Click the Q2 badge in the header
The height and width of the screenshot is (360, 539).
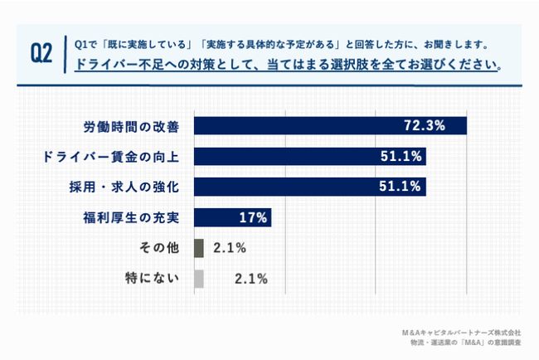pyautogui.click(x=42, y=52)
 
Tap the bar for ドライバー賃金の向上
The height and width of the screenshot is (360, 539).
pyautogui.click(x=309, y=156)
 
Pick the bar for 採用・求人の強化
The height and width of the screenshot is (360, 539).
pyautogui.click(x=309, y=186)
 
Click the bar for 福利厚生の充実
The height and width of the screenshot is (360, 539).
pyautogui.click(x=232, y=216)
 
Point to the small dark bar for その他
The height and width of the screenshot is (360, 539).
pyautogui.click(x=198, y=247)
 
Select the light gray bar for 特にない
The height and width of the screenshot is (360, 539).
pyautogui.click(x=198, y=278)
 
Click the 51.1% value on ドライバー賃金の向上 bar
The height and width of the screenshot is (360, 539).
pyautogui.click(x=401, y=156)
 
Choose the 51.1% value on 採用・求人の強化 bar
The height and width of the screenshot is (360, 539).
pyautogui.click(x=401, y=186)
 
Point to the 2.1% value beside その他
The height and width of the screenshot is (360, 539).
pyautogui.click(x=230, y=247)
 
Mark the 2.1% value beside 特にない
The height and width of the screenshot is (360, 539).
pyautogui.click(x=250, y=278)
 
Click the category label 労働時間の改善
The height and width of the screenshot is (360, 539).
pyautogui.click(x=132, y=125)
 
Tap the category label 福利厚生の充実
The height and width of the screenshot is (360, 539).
pyautogui.click(x=132, y=216)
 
